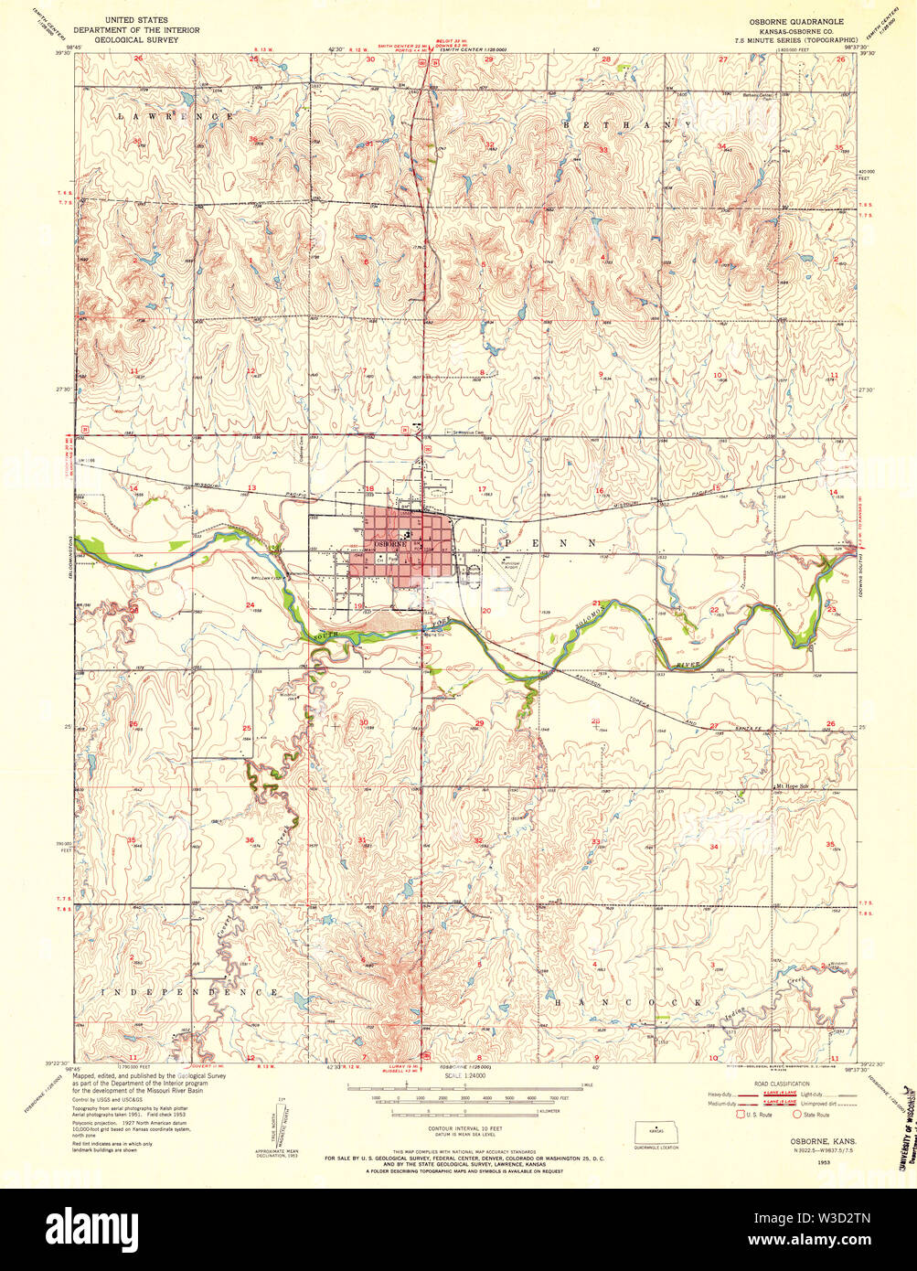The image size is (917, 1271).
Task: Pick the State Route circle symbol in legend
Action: coord(795,1114)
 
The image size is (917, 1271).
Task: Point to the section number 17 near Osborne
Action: coord(481,489)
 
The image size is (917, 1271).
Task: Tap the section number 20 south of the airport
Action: coord(485,610)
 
